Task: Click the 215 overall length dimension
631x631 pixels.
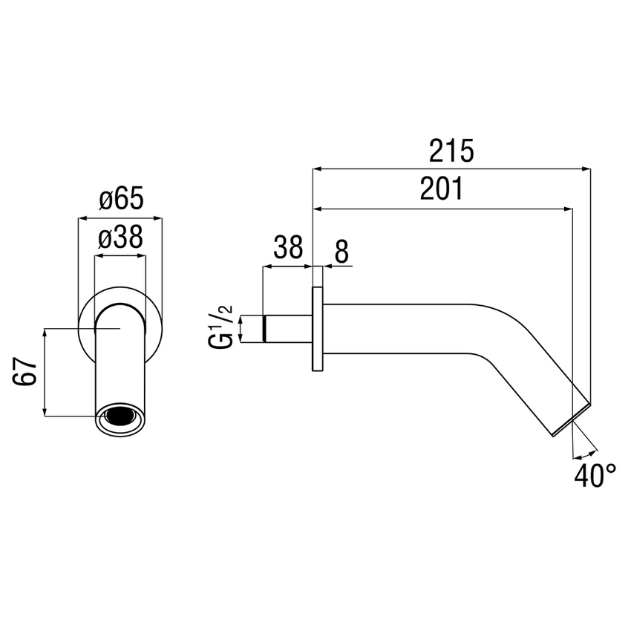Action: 451,151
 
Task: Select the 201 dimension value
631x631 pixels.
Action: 441,190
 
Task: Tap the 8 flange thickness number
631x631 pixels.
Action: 341,252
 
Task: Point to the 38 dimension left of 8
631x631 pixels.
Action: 288,246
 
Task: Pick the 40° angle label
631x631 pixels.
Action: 595,475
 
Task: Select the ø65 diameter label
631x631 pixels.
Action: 120,199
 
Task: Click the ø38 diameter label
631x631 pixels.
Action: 120,238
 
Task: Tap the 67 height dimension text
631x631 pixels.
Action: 24,371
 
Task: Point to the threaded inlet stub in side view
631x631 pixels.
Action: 287,329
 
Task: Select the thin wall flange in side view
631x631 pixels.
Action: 317,329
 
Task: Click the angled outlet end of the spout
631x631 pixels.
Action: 572,420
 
